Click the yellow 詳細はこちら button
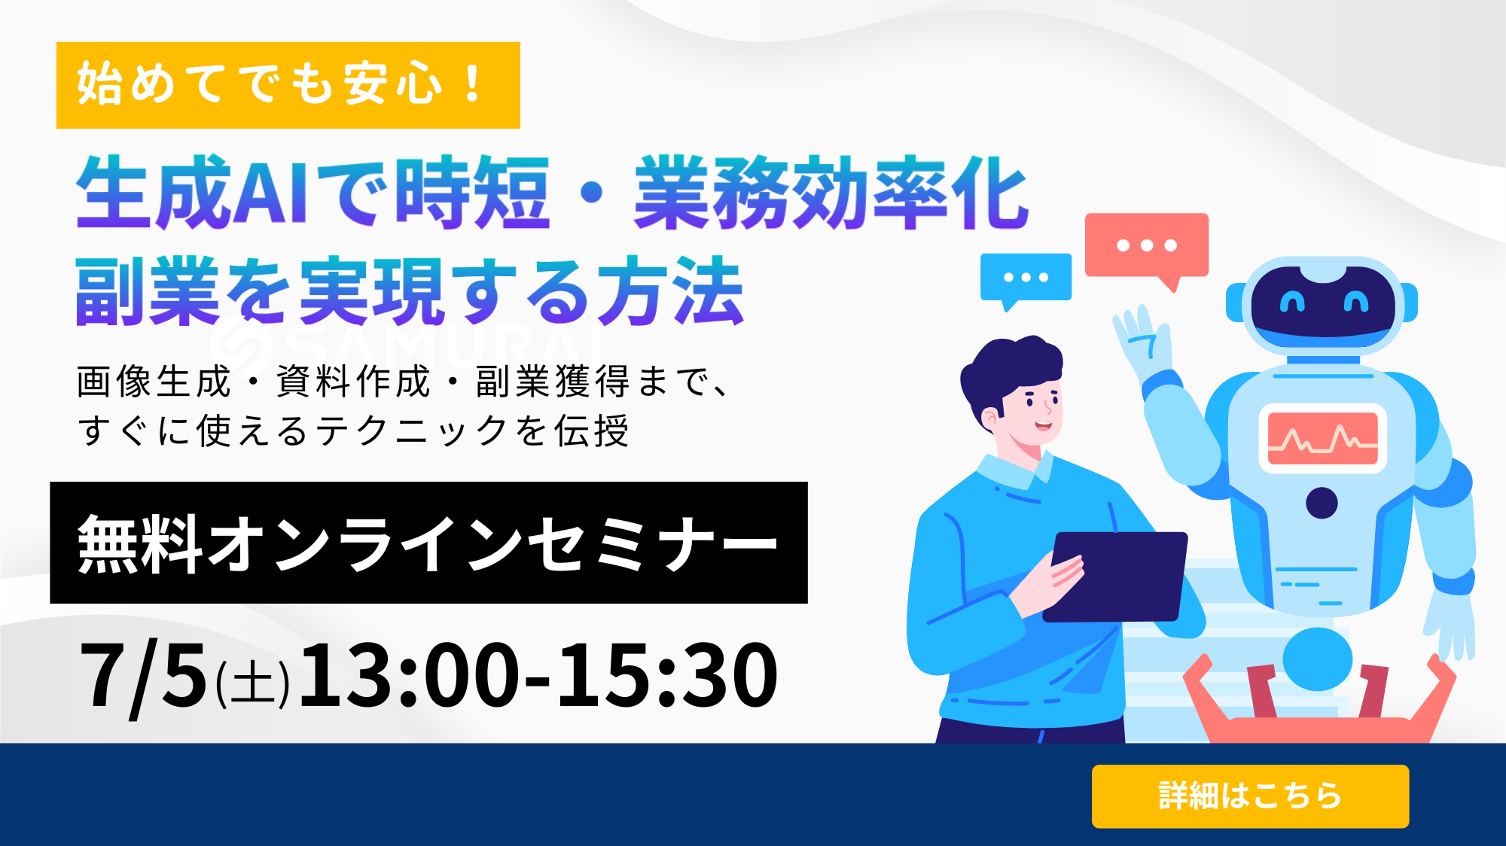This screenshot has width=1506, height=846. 1250,796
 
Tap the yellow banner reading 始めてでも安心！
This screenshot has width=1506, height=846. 288,85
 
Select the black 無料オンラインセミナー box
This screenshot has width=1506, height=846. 428,543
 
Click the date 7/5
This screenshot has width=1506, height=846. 143,675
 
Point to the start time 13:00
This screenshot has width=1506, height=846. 409,675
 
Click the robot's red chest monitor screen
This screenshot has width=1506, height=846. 1322,439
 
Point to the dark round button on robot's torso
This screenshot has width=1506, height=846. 1322,503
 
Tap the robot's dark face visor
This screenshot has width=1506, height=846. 1323,306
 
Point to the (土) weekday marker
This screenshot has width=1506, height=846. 253,683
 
